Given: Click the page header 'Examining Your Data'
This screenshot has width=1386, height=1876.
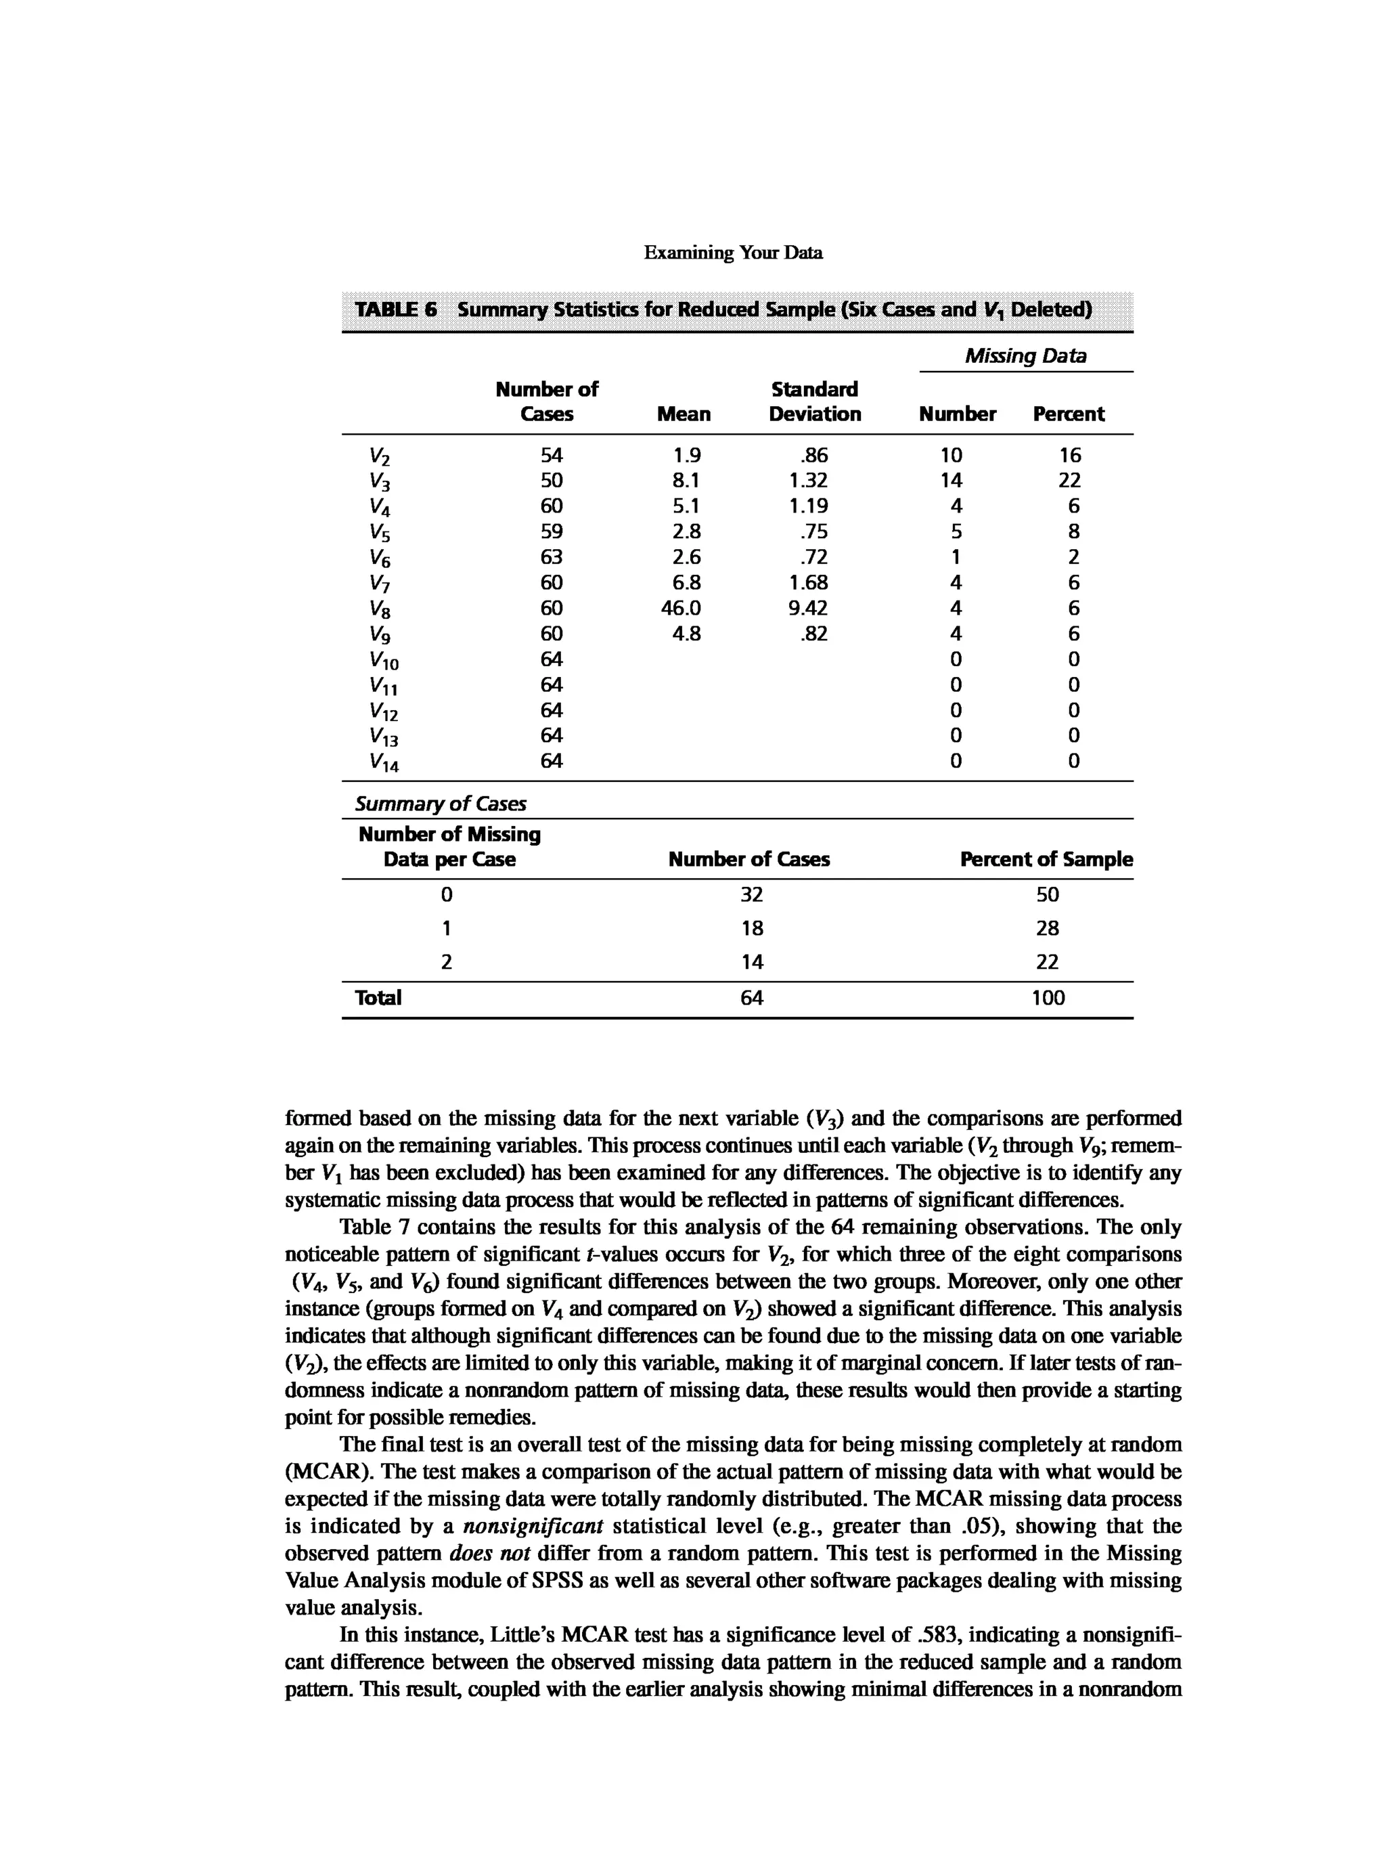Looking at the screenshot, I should (x=732, y=253).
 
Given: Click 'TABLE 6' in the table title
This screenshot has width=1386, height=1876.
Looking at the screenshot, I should (x=395, y=309).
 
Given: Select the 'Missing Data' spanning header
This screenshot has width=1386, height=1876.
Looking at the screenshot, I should (x=1025, y=356).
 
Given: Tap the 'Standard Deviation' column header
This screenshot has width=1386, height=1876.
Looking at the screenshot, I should (x=814, y=401).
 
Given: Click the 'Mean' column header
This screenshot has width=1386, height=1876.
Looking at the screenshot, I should (x=683, y=414).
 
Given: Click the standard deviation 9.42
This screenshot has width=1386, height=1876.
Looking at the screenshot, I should (x=807, y=608).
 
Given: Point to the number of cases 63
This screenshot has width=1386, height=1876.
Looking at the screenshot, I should (x=551, y=557).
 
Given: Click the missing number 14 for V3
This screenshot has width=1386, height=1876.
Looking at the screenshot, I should (x=951, y=480).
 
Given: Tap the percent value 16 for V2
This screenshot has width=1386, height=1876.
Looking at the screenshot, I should (x=1070, y=455).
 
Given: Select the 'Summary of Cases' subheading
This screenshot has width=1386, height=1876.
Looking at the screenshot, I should (x=441, y=804).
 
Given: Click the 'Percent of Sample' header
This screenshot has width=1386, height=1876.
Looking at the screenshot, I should (x=1046, y=860).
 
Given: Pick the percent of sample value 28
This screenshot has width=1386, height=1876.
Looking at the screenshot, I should (x=1047, y=928).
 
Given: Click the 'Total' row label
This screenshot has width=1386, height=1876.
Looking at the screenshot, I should (x=378, y=998).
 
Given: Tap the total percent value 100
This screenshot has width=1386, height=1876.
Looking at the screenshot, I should (x=1048, y=998).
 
